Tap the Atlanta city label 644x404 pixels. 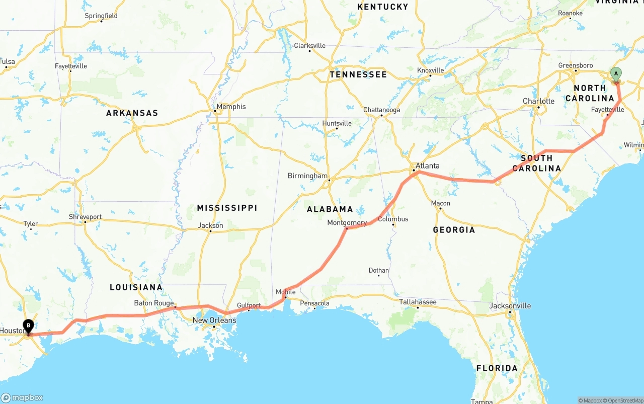[427, 166]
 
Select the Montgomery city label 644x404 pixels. [347, 222]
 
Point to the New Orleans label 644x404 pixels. [214, 320]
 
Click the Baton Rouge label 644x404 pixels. [153, 303]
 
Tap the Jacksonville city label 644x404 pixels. [510, 305]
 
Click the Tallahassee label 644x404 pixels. [418, 302]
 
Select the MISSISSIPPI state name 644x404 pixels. [227, 208]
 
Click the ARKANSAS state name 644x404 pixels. [132, 113]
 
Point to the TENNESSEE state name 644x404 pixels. [358, 74]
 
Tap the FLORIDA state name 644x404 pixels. [497, 368]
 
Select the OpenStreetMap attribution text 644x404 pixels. [624, 400]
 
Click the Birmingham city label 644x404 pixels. [307, 176]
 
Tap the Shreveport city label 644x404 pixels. [85, 217]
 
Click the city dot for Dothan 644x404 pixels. [379, 276]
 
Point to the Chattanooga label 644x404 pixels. [382, 110]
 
